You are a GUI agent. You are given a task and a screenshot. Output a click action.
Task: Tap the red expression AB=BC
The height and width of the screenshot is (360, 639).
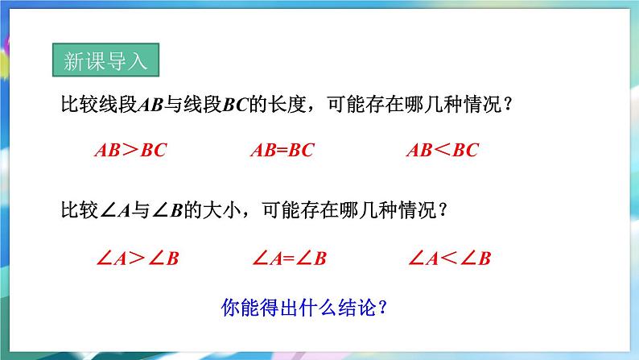(x=282, y=150)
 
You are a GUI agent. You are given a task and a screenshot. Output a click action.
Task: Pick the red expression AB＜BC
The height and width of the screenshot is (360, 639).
(x=442, y=150)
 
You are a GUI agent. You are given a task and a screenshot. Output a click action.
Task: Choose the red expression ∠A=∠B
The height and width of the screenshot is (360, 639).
(x=289, y=259)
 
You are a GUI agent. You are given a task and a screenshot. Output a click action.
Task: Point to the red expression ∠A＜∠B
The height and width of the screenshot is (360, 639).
(x=450, y=259)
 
